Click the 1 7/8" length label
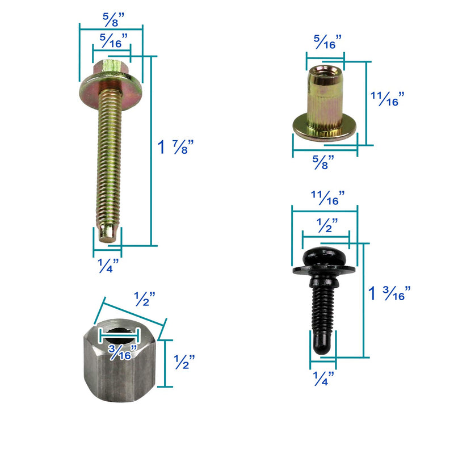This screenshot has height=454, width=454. [x=175, y=147]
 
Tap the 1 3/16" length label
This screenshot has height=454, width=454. [x=389, y=293]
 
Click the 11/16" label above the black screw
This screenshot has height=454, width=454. [x=328, y=197]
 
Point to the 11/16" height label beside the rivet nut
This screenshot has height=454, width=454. [x=388, y=99]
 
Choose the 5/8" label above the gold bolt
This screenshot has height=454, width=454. [x=113, y=20]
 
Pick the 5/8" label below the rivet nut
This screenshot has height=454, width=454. [x=323, y=162]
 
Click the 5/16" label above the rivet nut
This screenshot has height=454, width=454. [x=328, y=42]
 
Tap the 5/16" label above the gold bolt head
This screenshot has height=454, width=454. [x=113, y=40]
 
